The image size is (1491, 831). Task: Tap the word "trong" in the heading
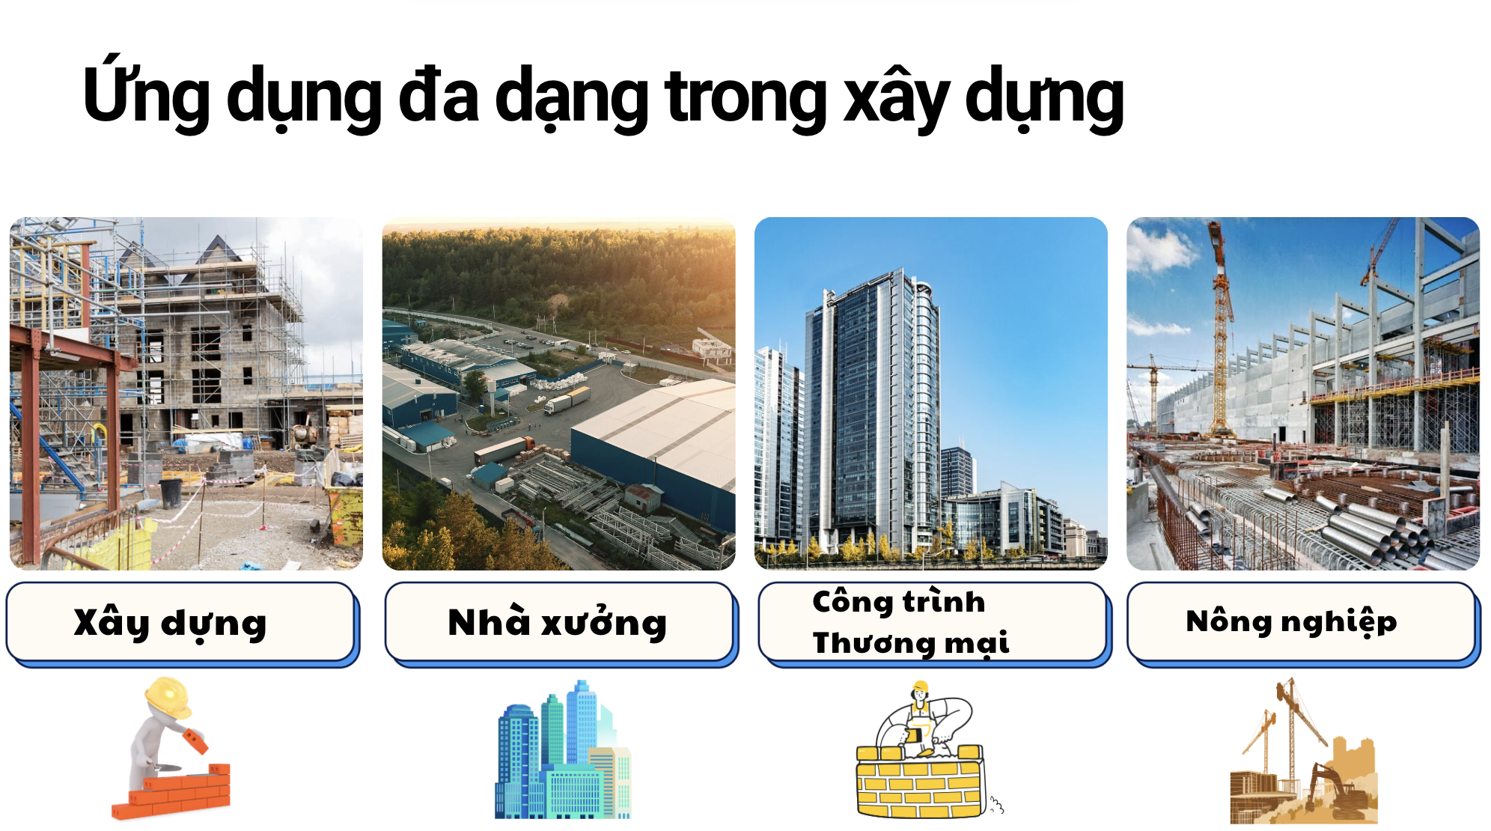(x=745, y=97)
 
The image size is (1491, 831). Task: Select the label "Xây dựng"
(x=170, y=623)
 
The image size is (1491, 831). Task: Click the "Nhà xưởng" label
(x=557, y=622)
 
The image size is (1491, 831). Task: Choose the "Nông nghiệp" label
(x=1291, y=622)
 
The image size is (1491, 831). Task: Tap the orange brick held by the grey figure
(x=195, y=740)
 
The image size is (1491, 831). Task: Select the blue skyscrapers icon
(x=563, y=749)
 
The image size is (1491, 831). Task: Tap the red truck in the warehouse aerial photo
(x=500, y=450)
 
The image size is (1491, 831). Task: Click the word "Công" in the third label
(x=852, y=602)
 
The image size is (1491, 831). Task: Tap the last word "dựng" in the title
(x=1045, y=98)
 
